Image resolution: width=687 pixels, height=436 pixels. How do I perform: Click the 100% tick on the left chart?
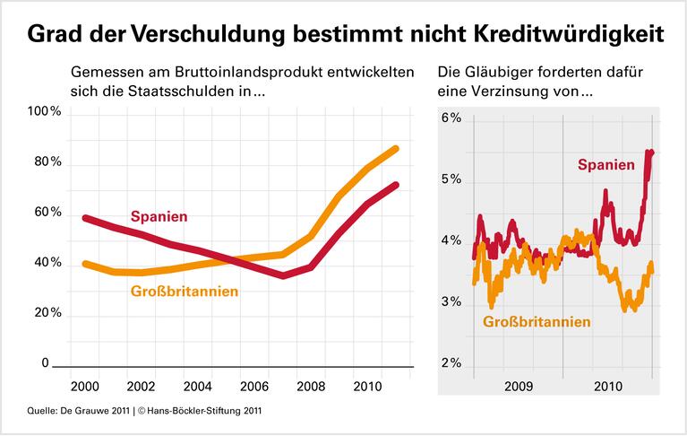(x=44, y=112)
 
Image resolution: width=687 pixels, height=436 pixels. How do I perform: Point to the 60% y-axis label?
(x=44, y=213)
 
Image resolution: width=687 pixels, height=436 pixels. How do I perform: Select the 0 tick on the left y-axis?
(x=45, y=363)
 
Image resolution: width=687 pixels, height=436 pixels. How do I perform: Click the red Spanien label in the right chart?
(x=606, y=164)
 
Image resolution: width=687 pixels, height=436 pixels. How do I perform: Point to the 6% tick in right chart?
(x=450, y=118)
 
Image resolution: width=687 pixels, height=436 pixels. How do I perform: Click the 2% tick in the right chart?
(x=450, y=364)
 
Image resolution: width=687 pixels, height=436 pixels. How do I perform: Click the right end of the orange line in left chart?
(x=395, y=149)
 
